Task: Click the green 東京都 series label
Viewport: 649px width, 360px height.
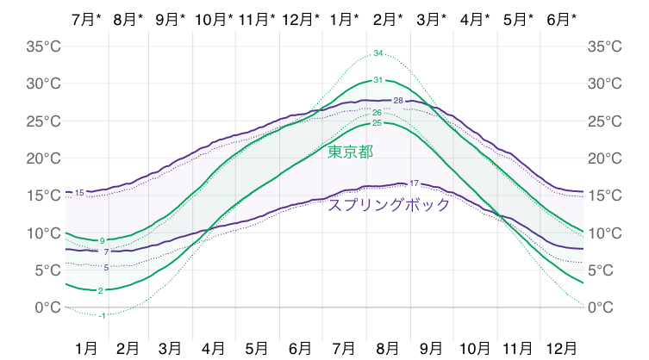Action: coord(350,152)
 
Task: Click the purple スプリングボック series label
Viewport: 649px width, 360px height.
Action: coord(389,205)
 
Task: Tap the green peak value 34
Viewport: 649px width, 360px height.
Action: coord(378,53)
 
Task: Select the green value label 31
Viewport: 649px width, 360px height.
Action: coord(378,80)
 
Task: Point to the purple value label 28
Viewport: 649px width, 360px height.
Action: coord(398,101)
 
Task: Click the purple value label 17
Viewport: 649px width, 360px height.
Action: coord(414,183)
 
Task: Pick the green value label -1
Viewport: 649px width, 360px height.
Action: coord(102,316)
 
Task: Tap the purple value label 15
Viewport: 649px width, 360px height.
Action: coord(80,192)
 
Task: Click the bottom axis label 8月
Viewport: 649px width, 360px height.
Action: coord(389,348)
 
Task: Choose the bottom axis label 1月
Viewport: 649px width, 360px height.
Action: coord(86,348)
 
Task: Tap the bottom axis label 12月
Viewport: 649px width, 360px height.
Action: coord(562,348)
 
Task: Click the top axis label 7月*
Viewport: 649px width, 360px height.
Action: coord(86,18)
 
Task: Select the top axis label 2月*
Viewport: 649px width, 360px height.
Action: coord(389,18)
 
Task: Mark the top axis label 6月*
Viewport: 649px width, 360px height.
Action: coord(562,18)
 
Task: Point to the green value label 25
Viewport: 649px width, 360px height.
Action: coord(377,123)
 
